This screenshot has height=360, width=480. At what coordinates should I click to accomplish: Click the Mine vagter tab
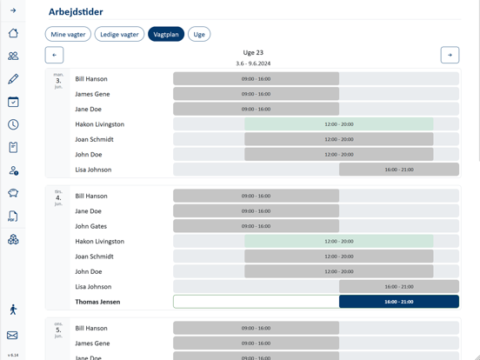point(68,35)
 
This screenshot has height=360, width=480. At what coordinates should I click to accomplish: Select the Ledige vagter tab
point(119,35)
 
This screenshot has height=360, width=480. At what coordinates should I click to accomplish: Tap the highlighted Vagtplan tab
point(165,35)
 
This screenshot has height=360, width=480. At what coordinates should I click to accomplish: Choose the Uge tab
point(199,35)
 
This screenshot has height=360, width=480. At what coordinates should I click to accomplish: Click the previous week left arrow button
point(54,55)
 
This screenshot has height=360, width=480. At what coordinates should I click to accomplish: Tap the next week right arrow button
point(450,55)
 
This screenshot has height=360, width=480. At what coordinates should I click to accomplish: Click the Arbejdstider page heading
point(76,12)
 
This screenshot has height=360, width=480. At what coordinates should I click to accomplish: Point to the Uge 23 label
point(253,53)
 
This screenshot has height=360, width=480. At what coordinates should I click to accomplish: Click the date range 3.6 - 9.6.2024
point(253,63)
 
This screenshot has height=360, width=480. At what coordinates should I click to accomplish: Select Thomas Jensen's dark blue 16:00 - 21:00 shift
point(398,302)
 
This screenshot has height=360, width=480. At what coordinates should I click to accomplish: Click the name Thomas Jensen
point(97,302)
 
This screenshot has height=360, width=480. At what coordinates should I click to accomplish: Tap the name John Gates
point(92,226)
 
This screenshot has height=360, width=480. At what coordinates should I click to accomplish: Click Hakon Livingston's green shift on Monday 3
point(338,124)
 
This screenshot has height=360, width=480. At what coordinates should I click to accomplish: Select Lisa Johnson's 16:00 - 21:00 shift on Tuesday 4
point(398,286)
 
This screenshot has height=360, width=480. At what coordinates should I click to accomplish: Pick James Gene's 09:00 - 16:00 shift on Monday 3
point(256,94)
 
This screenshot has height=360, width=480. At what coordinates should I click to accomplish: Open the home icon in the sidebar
point(13,33)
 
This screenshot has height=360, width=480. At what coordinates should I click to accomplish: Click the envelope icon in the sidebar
point(13,335)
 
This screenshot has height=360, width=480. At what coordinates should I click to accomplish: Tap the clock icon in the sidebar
point(13,124)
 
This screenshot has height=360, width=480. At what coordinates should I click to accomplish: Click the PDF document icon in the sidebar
point(13,216)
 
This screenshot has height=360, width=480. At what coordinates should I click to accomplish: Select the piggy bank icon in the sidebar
point(13,193)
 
